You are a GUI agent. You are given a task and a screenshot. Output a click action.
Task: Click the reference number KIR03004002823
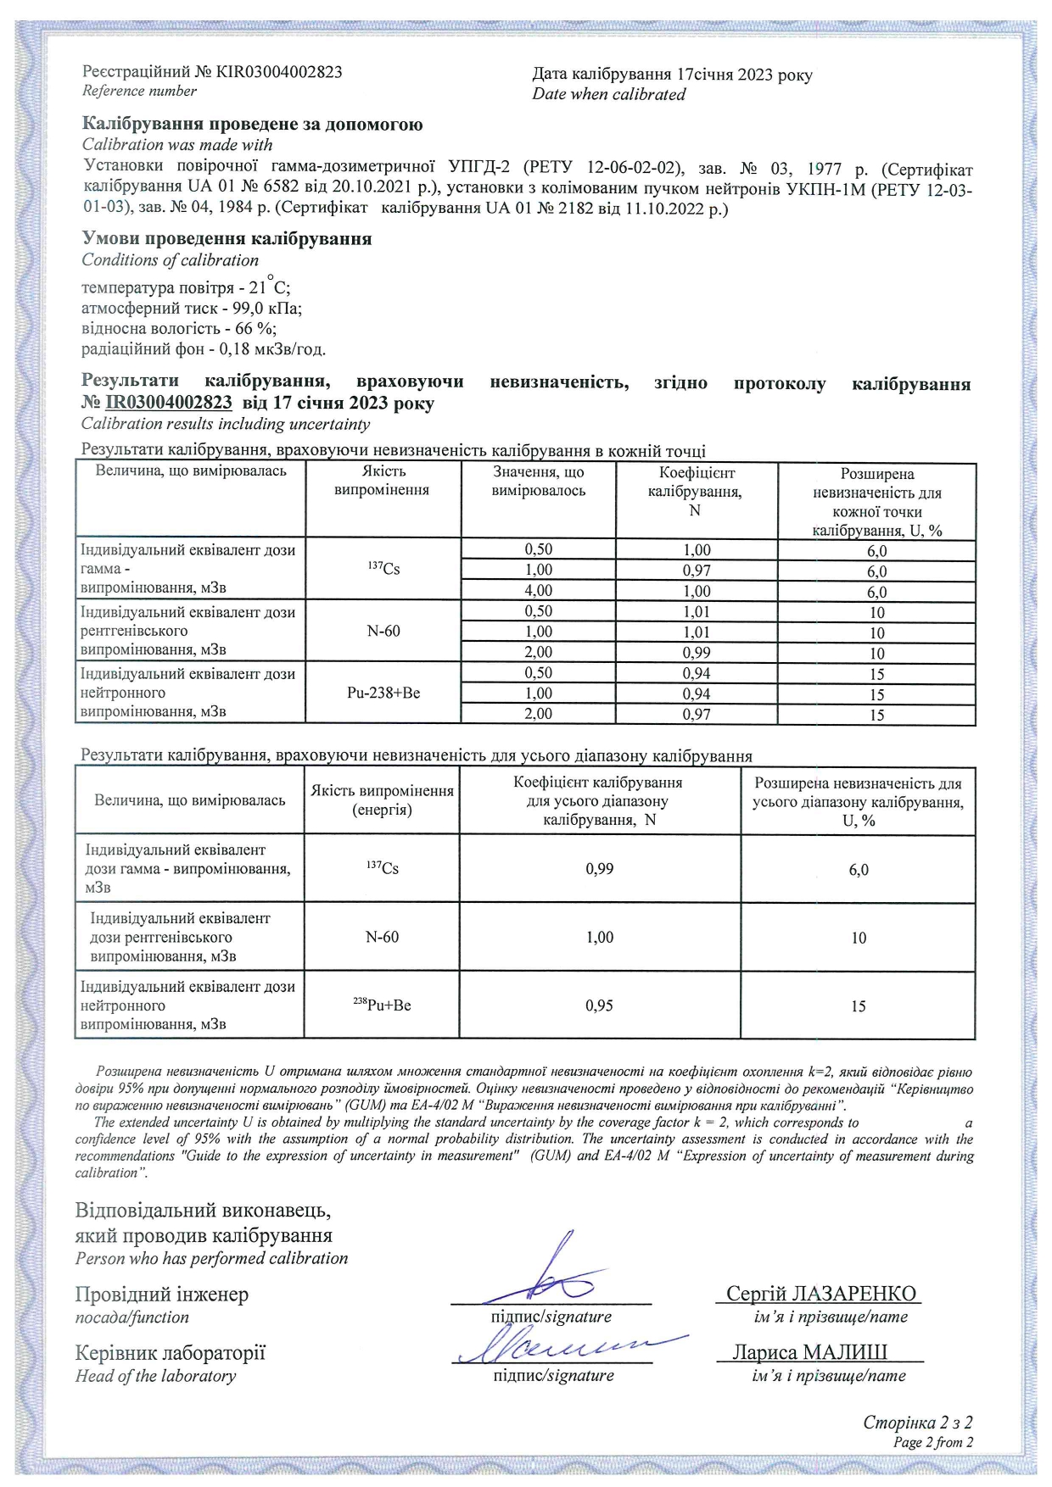click(x=279, y=72)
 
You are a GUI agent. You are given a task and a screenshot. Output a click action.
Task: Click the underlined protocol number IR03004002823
click(x=168, y=403)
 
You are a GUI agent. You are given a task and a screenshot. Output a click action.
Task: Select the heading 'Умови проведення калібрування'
click(x=227, y=239)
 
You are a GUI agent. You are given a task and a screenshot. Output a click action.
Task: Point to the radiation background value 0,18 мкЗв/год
click(x=272, y=349)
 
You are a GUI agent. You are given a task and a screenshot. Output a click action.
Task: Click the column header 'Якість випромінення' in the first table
click(x=383, y=481)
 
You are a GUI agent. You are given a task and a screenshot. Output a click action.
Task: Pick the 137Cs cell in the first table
click(x=383, y=569)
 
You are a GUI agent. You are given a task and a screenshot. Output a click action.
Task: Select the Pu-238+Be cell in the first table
click(x=383, y=693)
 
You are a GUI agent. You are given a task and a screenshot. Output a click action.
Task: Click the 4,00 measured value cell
click(x=538, y=591)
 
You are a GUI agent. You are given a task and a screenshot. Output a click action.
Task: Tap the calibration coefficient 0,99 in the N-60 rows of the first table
click(x=697, y=653)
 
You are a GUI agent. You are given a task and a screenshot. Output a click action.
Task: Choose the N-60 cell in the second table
click(x=382, y=937)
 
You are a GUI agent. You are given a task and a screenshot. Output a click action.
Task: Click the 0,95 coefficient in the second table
click(x=600, y=1005)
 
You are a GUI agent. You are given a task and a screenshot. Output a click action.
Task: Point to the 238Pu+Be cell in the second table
click(x=382, y=1005)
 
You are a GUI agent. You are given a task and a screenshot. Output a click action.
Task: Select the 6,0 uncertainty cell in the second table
click(x=859, y=870)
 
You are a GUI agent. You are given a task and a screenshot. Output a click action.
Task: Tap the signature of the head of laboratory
click(x=560, y=1346)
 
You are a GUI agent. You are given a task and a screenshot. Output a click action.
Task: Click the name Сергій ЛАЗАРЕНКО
click(x=821, y=1294)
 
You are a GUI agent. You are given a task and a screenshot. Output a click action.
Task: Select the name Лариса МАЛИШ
click(x=810, y=1352)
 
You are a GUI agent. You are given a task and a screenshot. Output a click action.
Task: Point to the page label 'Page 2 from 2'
click(x=932, y=1442)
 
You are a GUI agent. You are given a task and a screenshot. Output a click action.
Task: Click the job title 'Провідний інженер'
click(x=162, y=1295)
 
